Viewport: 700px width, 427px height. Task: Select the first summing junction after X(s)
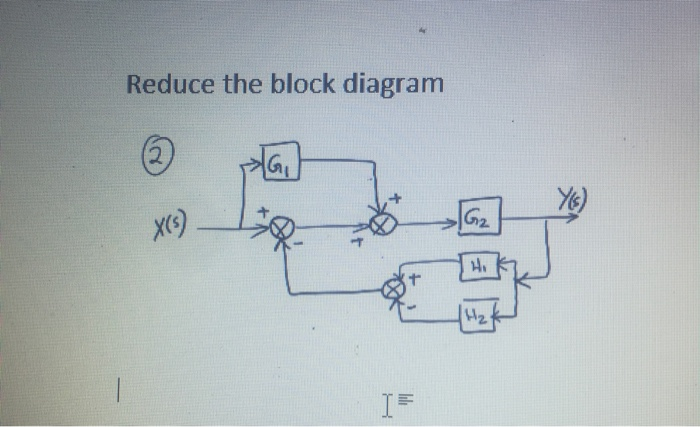pyautogui.click(x=282, y=227)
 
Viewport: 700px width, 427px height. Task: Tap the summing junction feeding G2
pyautogui.click(x=380, y=226)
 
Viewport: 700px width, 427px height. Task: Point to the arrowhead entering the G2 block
pyautogui.click(x=453, y=218)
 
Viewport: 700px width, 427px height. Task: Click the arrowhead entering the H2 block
pyautogui.click(x=507, y=313)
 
